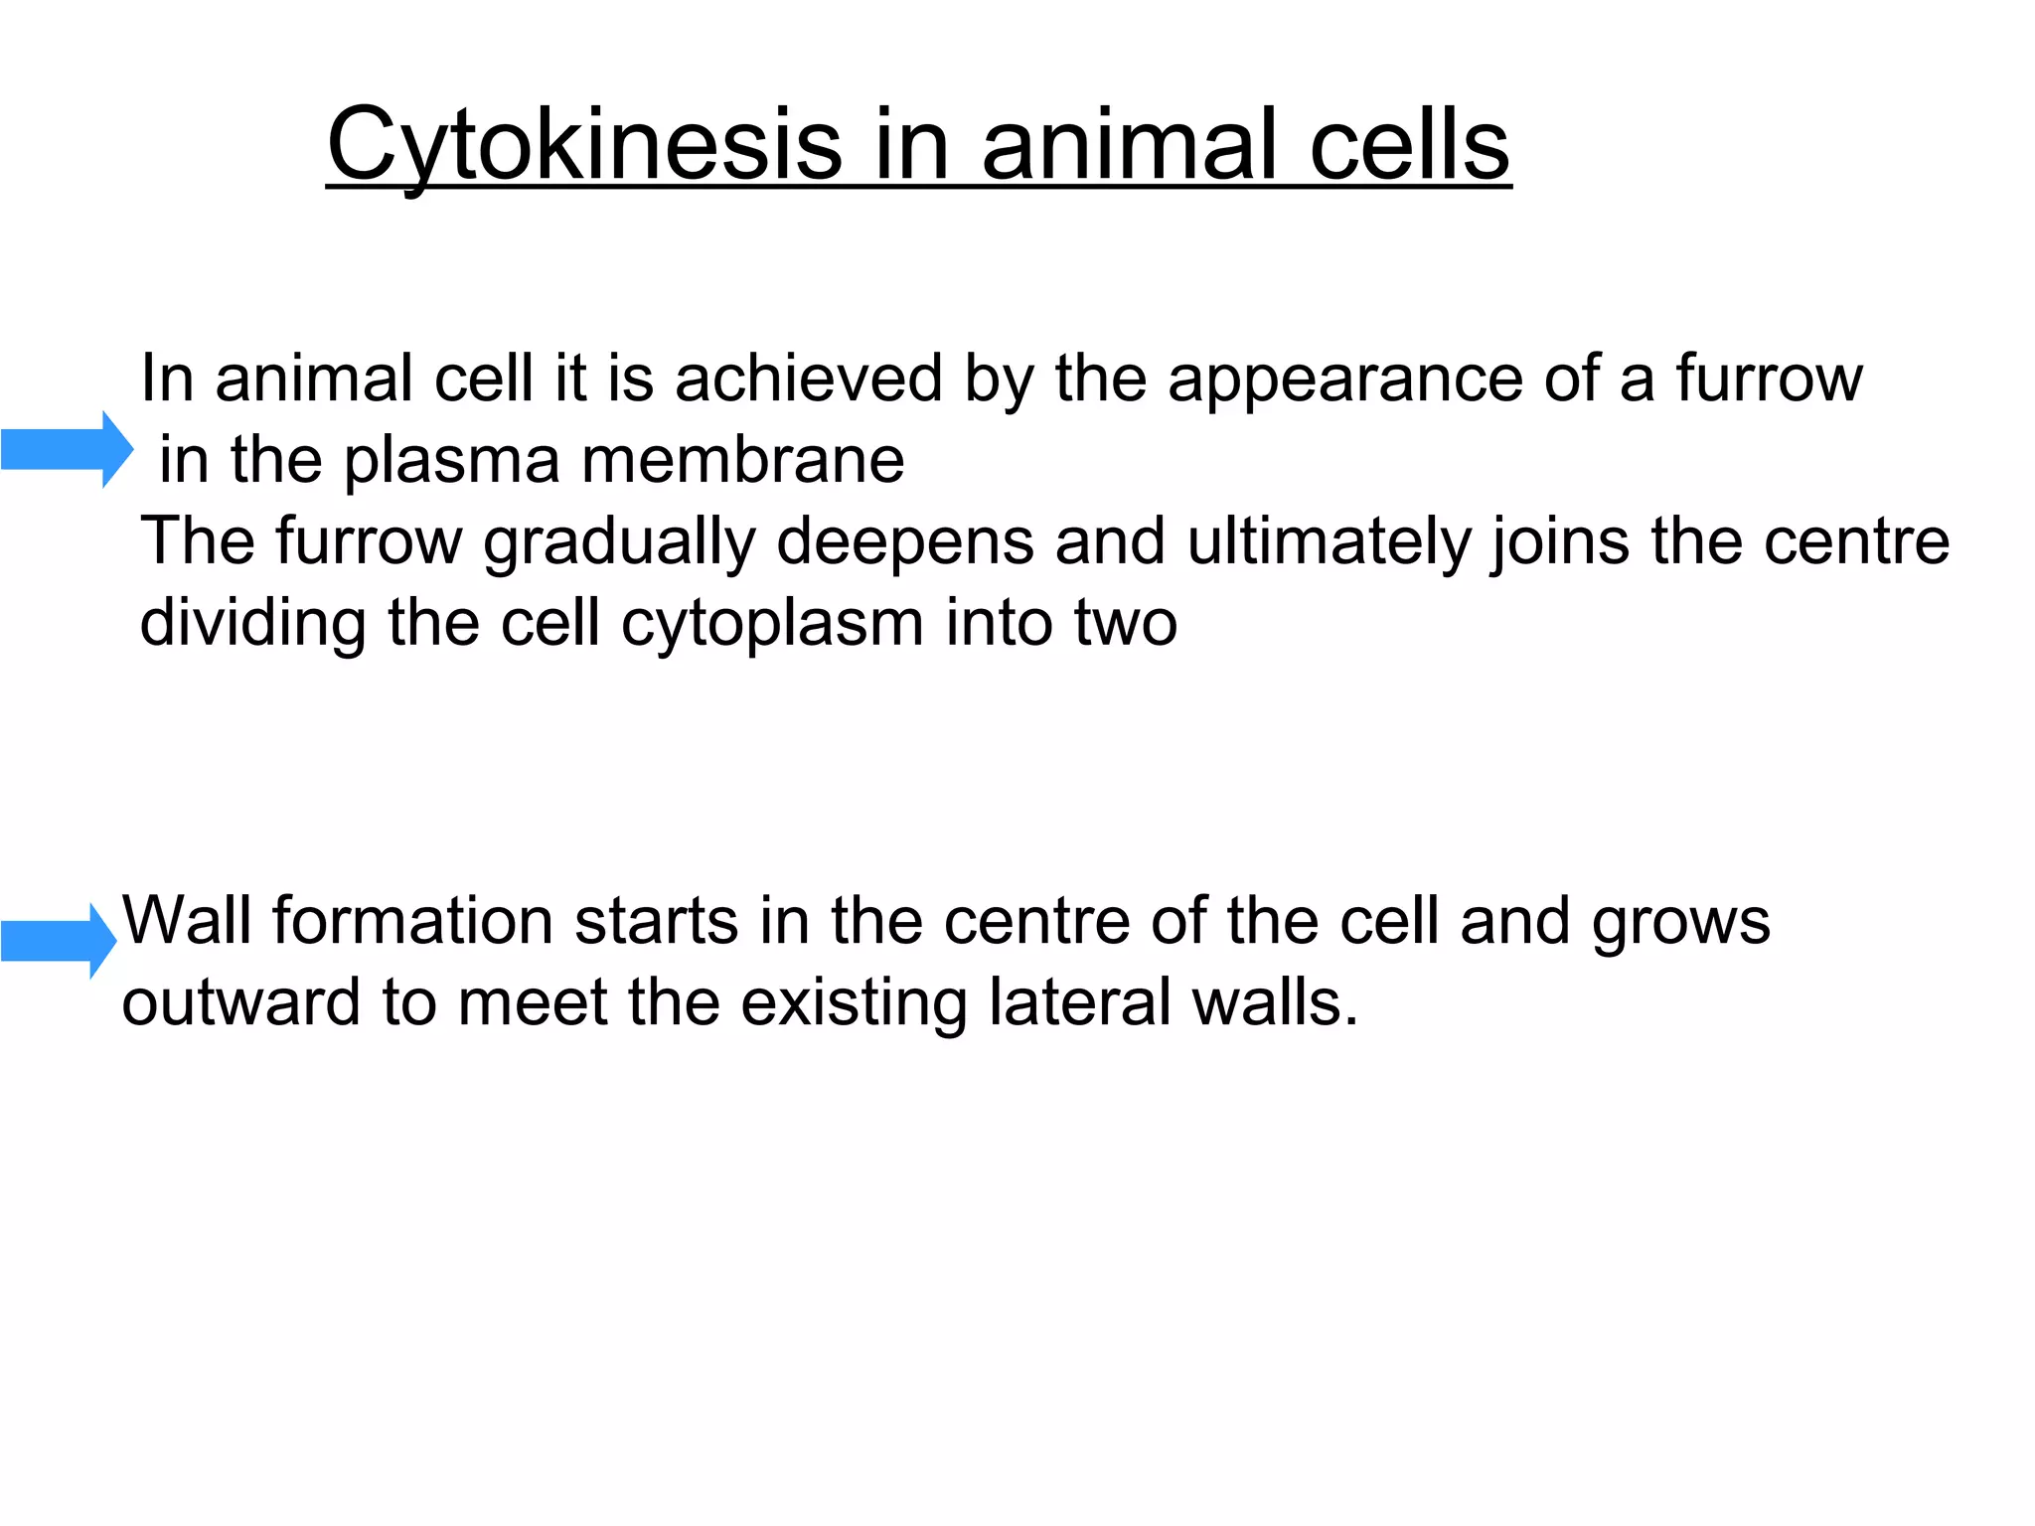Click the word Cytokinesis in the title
(x=584, y=146)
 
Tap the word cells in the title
(x=1410, y=146)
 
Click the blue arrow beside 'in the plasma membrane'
(x=67, y=450)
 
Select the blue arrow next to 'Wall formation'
(x=59, y=940)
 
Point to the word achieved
(x=808, y=379)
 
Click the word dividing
(x=253, y=624)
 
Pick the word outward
(x=240, y=1002)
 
